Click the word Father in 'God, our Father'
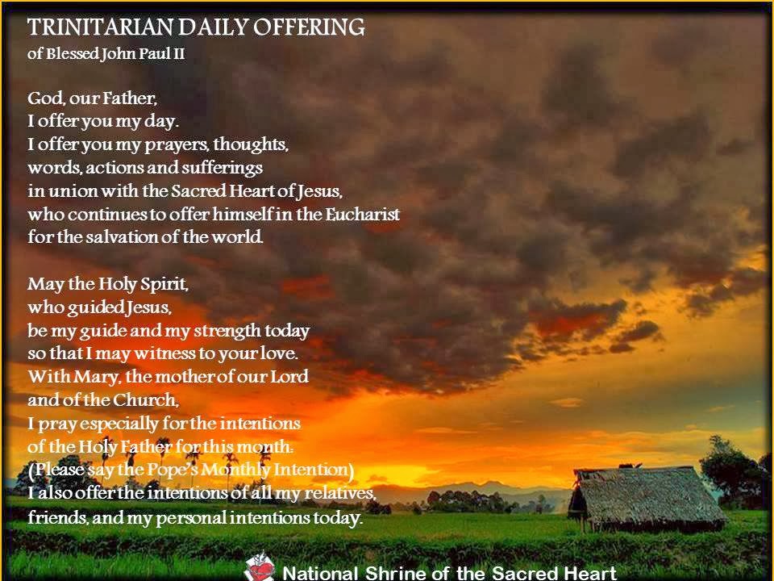[x=128, y=99]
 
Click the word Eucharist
[x=362, y=215]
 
